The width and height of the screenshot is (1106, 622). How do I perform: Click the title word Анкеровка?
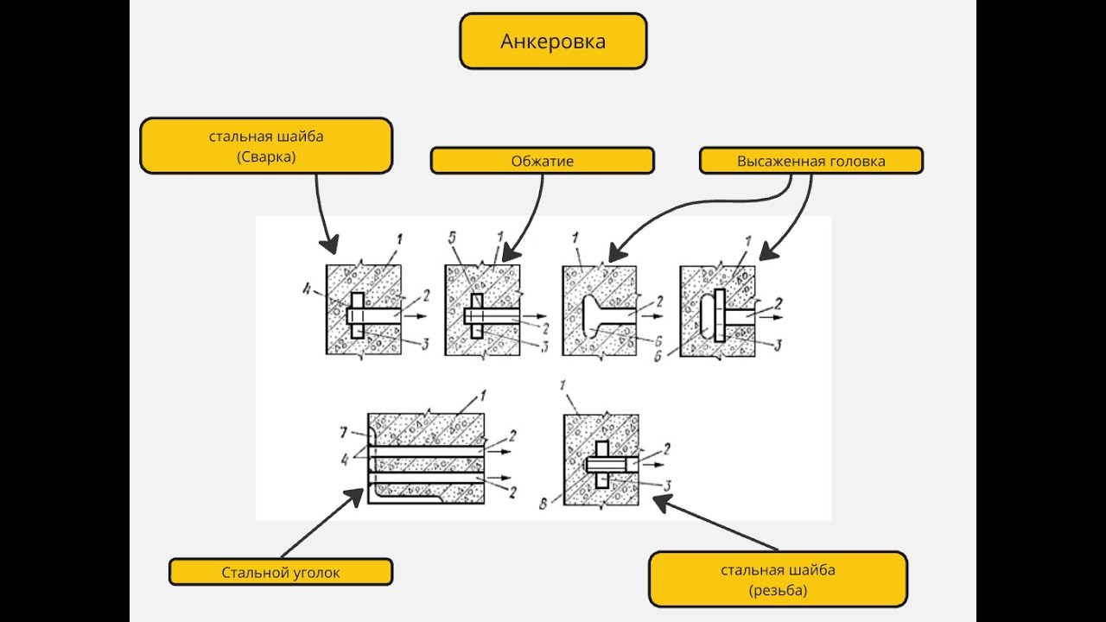[553, 41]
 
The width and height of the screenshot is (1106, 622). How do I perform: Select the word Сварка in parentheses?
[266, 157]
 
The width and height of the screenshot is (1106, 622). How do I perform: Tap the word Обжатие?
[542, 161]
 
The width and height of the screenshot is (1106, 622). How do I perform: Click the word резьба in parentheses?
[779, 591]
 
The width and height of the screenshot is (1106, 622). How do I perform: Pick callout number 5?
[452, 238]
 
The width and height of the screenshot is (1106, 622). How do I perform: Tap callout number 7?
[344, 433]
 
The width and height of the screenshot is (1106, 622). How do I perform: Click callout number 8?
[543, 504]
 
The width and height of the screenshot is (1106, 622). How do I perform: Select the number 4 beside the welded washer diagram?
[307, 289]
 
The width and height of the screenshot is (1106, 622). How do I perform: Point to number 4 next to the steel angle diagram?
[346, 460]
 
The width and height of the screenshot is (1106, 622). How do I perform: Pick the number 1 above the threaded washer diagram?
[563, 385]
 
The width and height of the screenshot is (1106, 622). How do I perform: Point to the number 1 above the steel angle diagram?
[482, 396]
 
